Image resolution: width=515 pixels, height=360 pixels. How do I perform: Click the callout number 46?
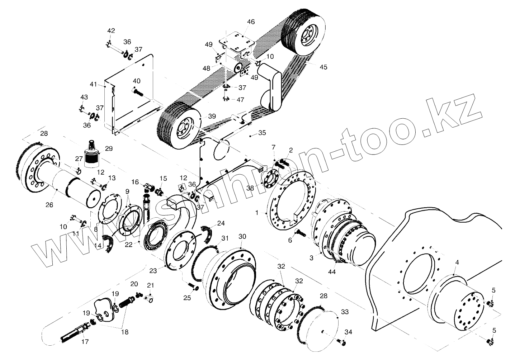[x=251, y=22]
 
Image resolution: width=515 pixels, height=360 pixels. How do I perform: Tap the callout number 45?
[x=323, y=67]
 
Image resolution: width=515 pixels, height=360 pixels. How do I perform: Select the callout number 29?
[x=108, y=148]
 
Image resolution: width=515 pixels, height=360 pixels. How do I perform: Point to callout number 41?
[x=93, y=85]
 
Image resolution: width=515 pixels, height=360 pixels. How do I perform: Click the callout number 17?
[x=85, y=342]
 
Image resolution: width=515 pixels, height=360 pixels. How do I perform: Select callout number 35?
[x=262, y=133]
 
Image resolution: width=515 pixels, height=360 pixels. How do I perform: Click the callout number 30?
[x=242, y=237]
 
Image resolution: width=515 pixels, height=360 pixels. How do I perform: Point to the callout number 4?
[x=457, y=263]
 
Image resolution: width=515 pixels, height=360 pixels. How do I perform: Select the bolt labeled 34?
[x=341, y=341]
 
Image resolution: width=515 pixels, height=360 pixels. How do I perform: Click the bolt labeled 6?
[x=299, y=233]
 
